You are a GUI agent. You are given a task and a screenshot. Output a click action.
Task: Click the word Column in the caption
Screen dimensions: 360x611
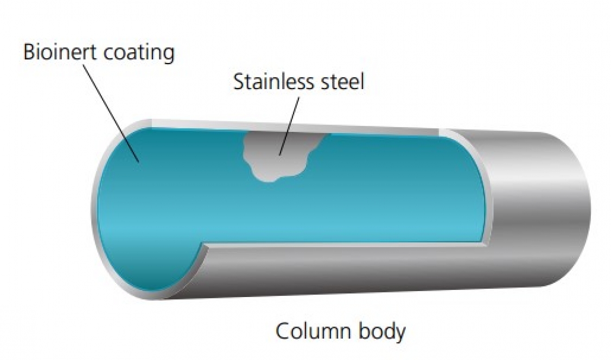pos(311,331)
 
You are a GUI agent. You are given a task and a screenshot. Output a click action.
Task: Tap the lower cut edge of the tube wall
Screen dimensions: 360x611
pos(347,247)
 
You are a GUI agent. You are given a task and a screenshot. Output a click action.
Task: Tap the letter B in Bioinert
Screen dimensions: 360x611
pos(29,53)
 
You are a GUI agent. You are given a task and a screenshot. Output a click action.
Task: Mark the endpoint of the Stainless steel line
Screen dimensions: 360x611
pos(279,155)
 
